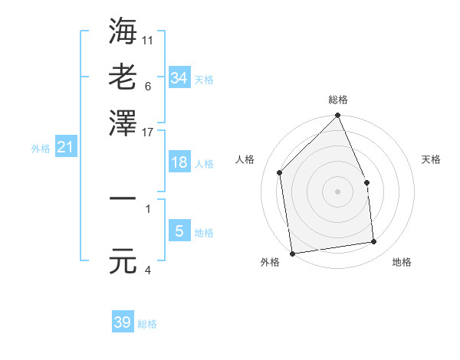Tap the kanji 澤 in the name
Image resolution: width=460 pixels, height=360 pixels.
tap(123, 123)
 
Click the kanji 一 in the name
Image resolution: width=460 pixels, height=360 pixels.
tap(123, 198)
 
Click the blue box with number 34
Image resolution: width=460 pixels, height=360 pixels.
tap(179, 77)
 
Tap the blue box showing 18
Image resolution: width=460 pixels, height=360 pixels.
tap(179, 162)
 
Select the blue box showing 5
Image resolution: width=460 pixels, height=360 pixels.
tap(179, 231)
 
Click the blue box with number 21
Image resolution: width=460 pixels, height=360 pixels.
tap(65, 147)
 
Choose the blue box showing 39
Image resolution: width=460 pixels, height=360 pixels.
tap(123, 322)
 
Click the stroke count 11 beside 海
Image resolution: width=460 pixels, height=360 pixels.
tap(148, 39)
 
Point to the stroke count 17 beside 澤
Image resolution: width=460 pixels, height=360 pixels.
tap(148, 132)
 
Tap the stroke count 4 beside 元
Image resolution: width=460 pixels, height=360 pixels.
tap(147, 270)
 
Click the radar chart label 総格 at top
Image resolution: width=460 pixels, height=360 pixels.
tap(338, 100)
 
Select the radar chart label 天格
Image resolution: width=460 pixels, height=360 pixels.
tap(431, 159)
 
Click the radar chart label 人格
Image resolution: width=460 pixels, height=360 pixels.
tap(245, 159)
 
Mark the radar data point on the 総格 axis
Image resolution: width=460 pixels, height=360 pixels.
tap(337, 116)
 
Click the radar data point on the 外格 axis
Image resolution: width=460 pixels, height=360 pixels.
tap(292, 253)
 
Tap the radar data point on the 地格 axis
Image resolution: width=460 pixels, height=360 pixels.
tap(374, 242)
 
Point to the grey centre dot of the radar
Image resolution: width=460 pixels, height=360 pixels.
tap(337, 191)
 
